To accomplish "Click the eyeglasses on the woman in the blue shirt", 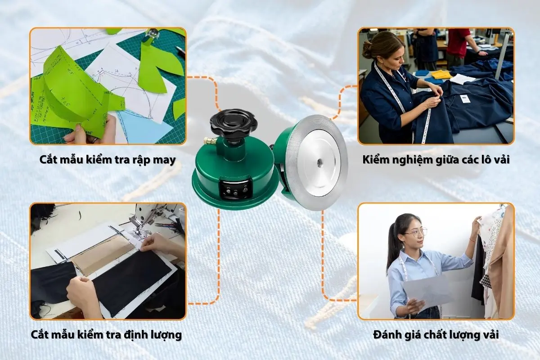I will (415, 233).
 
